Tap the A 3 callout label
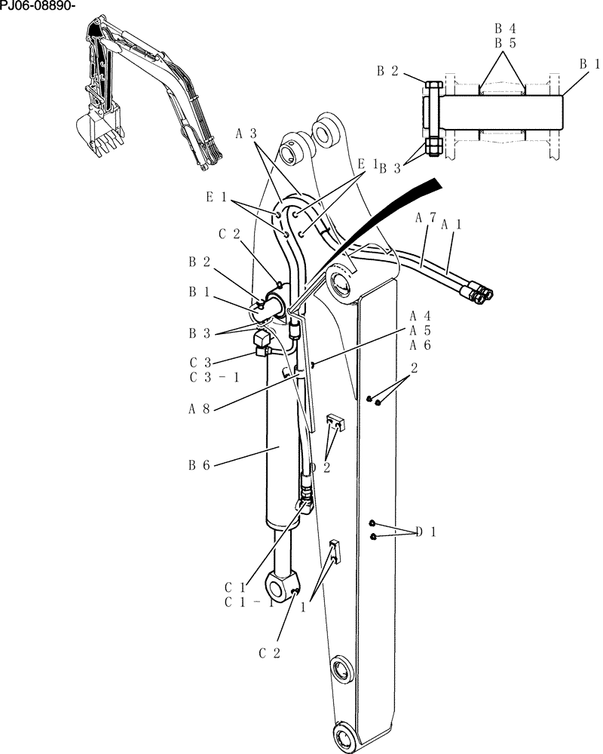pos(246,133)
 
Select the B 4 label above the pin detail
pos(504,29)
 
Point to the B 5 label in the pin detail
pos(504,43)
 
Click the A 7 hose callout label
pos(426,218)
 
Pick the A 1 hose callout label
pos(451,224)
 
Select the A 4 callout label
pos(421,315)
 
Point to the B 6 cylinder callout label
pos(200,465)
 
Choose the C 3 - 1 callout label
pos(214,377)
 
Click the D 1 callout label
pos(426,532)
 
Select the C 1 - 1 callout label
pos(249,602)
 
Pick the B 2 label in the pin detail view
pos(387,71)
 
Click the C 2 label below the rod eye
pos(270,654)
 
